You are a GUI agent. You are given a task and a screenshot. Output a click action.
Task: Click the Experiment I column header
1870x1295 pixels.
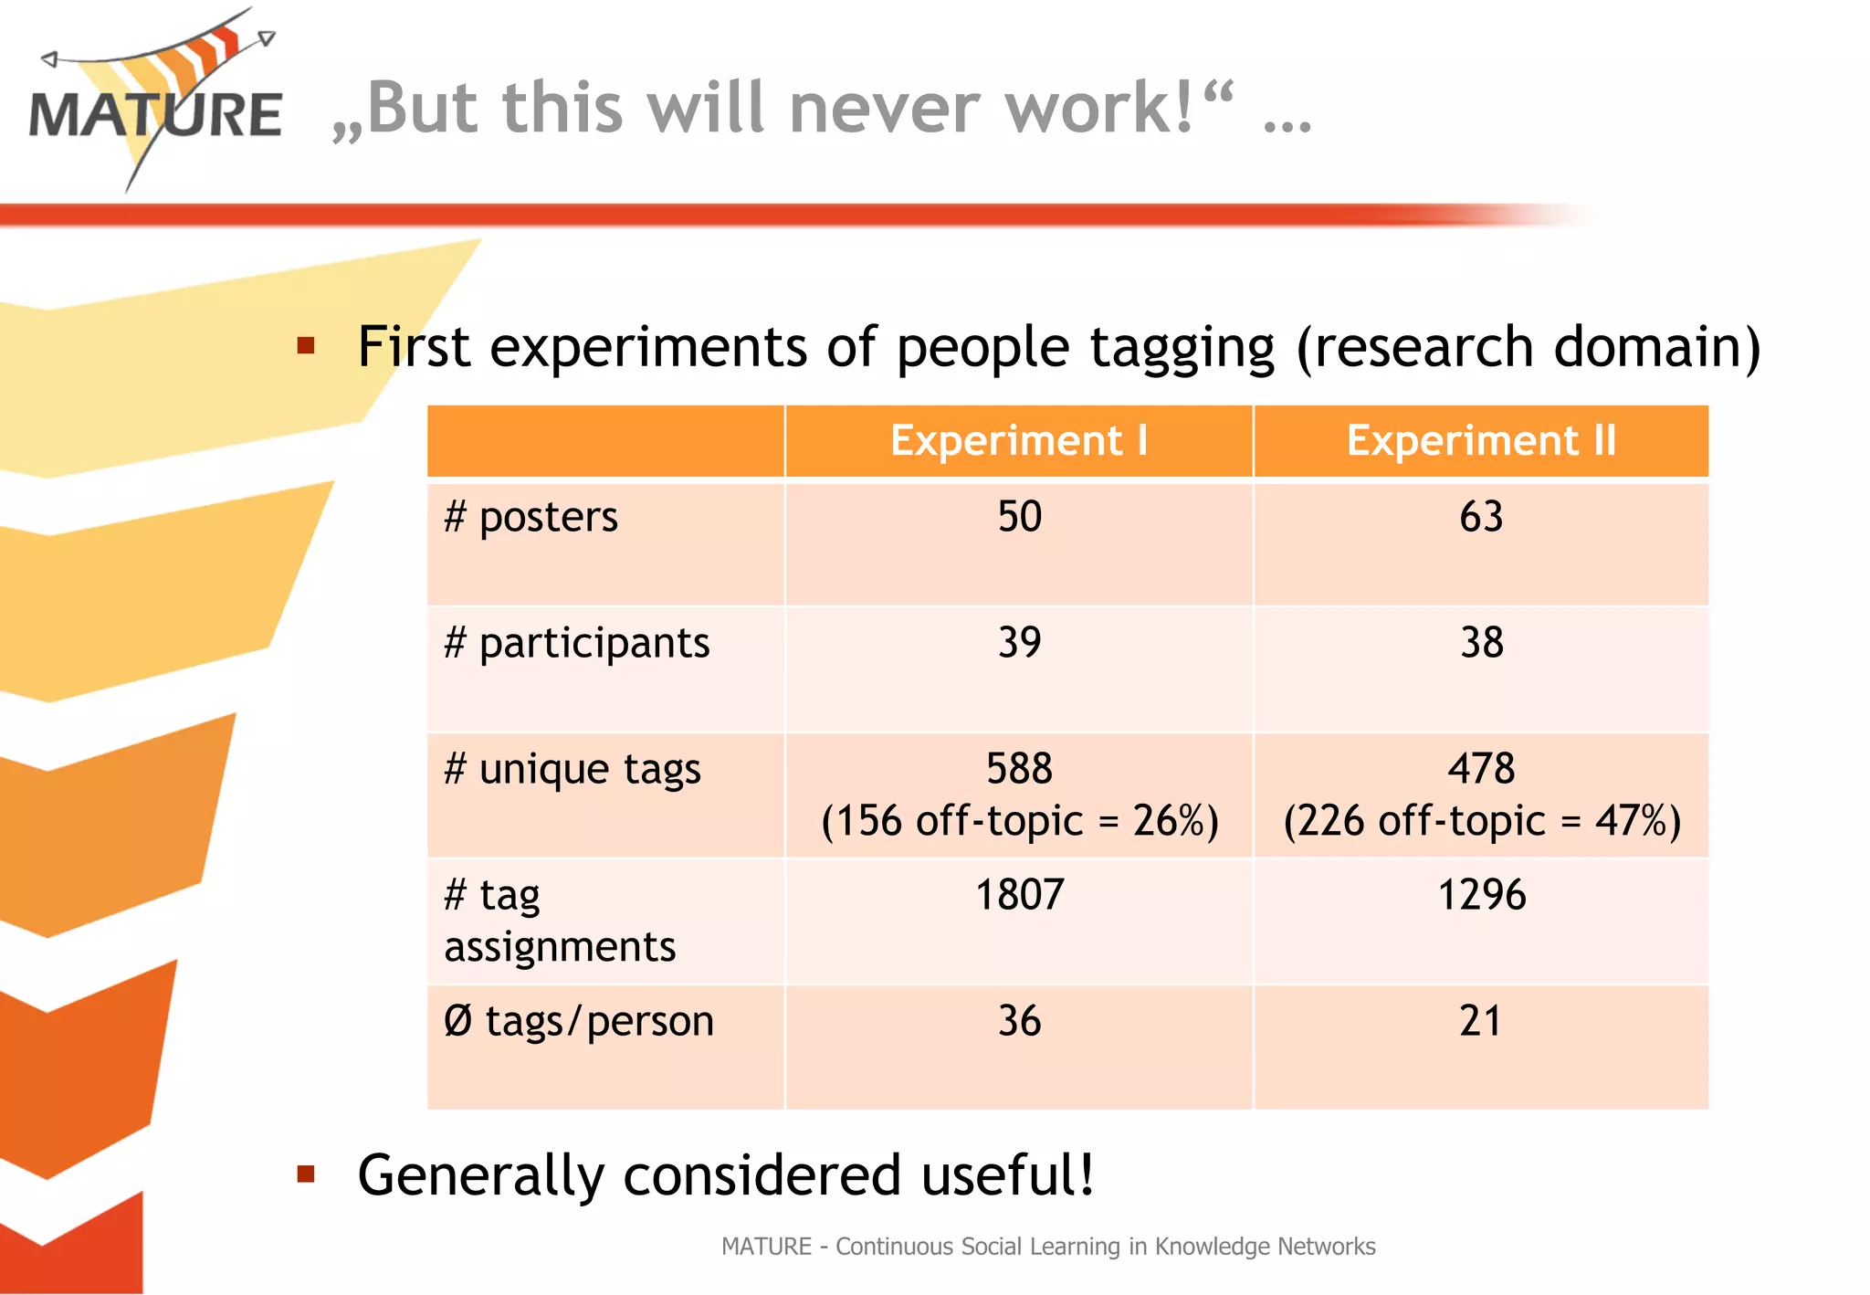click(1018, 440)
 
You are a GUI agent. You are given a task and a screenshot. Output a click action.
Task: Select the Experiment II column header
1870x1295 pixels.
click(1481, 440)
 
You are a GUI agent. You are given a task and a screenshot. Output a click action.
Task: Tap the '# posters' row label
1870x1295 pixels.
click(531, 517)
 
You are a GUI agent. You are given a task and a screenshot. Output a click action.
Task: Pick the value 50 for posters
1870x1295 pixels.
click(1019, 517)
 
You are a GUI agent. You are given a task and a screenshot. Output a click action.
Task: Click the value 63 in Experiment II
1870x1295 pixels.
click(1481, 517)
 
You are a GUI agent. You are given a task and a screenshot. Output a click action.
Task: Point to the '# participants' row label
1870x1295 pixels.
click(576, 643)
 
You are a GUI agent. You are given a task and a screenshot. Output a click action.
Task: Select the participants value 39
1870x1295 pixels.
click(1019, 643)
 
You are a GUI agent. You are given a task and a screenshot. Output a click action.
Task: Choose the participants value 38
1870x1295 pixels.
click(1481, 643)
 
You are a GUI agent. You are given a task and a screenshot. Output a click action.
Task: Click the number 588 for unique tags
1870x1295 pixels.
click(1019, 769)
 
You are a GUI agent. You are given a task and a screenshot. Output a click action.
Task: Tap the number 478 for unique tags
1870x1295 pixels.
click(1481, 769)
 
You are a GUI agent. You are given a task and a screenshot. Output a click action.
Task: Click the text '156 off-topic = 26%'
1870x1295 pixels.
click(1019, 821)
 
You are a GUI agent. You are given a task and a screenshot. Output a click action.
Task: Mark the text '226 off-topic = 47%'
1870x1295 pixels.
click(1481, 821)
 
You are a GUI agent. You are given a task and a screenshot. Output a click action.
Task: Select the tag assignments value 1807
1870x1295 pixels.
click(1019, 895)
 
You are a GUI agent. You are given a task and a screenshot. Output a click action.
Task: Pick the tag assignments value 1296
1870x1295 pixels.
click(1481, 895)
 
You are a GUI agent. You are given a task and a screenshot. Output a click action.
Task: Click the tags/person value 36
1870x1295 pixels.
click(1019, 1021)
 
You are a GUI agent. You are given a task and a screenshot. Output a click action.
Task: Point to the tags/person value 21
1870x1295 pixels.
click(1481, 1021)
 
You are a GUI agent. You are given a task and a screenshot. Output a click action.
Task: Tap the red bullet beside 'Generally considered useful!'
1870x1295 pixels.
click(306, 1174)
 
